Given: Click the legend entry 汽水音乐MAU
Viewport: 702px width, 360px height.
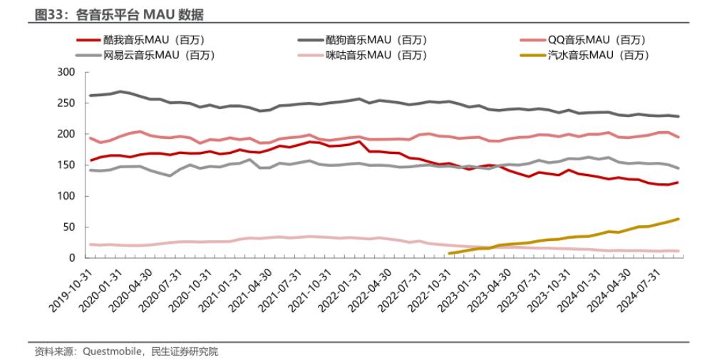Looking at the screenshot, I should click(597, 55).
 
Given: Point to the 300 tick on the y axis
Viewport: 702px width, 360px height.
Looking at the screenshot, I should click(66, 72).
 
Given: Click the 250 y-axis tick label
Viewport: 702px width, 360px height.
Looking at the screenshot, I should click(66, 103).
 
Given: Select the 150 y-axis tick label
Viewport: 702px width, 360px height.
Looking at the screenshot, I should click(66, 165).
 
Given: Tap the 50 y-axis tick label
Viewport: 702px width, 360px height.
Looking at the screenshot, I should click(69, 227).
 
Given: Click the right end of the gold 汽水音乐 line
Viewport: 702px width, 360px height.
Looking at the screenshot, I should click(678, 219).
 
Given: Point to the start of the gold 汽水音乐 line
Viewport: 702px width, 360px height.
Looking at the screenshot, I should click(449, 253).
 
